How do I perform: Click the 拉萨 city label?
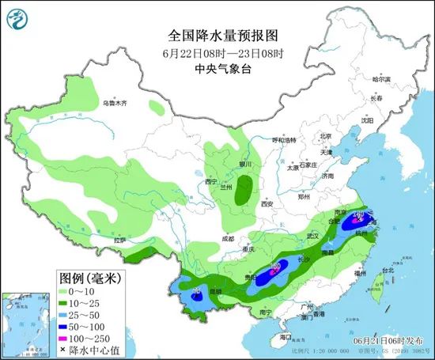click(119, 239)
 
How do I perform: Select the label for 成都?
click(228, 237)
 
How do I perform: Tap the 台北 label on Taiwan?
click(388, 270)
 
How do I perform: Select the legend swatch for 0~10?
click(69, 291)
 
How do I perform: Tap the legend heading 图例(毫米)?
click(89, 278)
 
